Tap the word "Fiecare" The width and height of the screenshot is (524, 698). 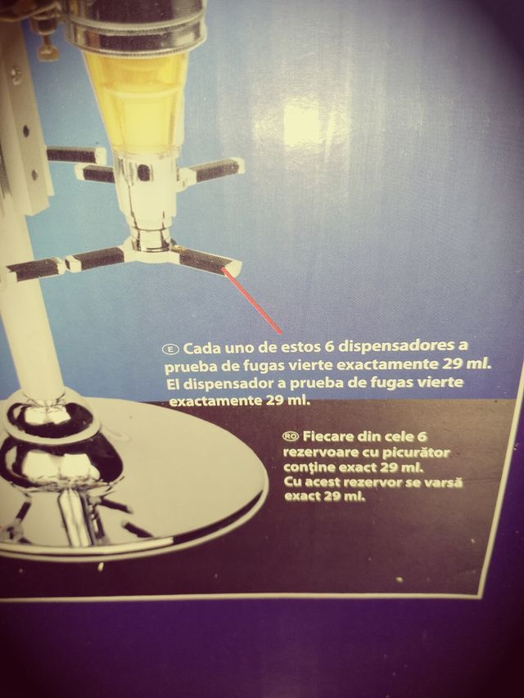pyautogui.click(x=327, y=435)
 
